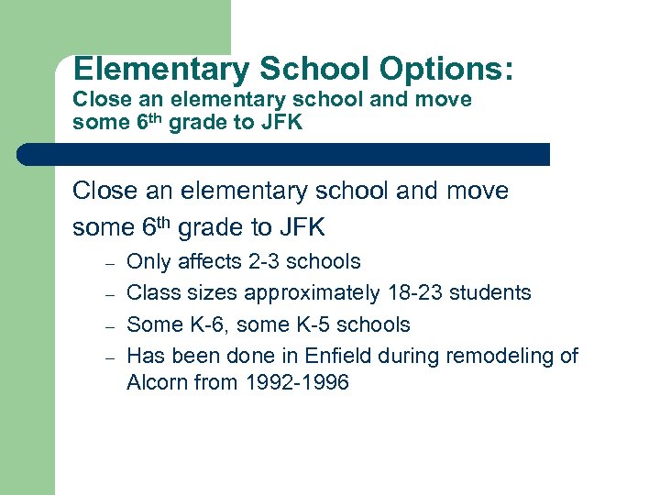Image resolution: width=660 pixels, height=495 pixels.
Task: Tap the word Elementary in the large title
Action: (x=162, y=70)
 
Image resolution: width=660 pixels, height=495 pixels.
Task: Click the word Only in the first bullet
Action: (x=148, y=262)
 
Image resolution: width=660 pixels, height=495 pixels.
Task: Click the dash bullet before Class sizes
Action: (x=107, y=295)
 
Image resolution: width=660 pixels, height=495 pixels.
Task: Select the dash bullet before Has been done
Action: (x=107, y=357)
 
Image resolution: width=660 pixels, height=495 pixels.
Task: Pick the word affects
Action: (x=210, y=262)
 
